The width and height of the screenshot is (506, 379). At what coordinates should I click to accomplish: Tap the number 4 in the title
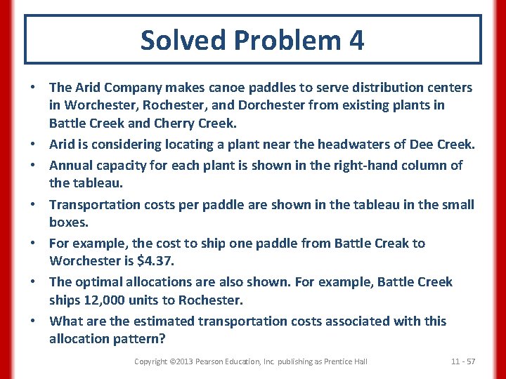pos(356,40)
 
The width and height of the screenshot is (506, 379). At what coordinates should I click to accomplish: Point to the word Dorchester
pos(257,105)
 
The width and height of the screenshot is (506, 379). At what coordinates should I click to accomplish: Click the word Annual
pos(71,166)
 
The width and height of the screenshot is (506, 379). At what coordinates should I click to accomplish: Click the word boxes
pos(69,222)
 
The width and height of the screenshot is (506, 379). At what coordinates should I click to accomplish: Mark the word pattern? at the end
pos(141,339)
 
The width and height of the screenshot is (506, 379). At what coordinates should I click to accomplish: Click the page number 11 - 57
pos(463,361)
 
